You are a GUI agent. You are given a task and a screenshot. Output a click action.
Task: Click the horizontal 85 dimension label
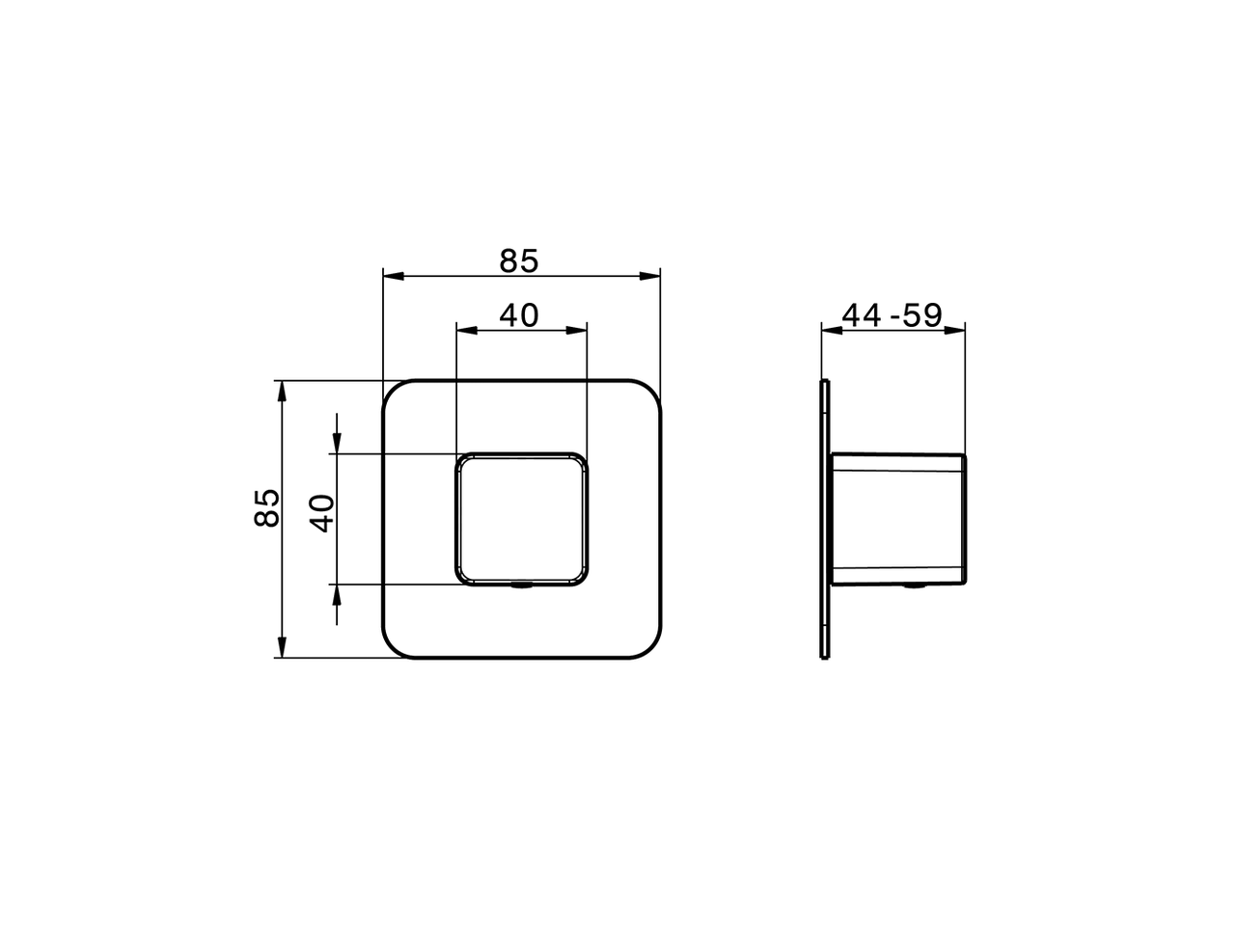click(519, 260)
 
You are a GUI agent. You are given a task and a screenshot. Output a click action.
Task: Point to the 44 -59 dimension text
click(892, 314)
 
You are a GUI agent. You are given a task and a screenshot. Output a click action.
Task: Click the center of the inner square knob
click(521, 518)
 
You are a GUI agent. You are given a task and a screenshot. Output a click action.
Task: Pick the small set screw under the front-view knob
click(521, 586)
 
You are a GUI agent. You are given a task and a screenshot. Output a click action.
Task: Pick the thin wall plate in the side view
click(824, 521)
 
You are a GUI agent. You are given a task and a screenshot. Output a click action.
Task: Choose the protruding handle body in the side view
click(897, 518)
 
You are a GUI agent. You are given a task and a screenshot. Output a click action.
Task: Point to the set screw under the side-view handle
click(912, 586)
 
